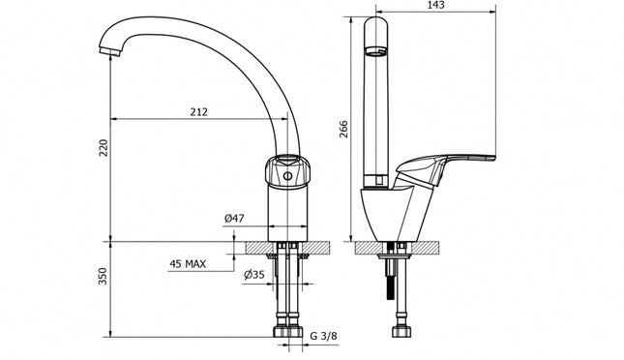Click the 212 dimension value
(x=199, y=112)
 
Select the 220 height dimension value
(x=104, y=147)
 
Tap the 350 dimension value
(x=103, y=276)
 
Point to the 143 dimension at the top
(x=435, y=5)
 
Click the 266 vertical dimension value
(x=343, y=129)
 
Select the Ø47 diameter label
(x=234, y=219)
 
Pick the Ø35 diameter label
(x=254, y=275)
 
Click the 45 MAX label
(x=188, y=263)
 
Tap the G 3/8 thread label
(x=323, y=336)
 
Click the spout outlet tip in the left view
(x=110, y=51)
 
